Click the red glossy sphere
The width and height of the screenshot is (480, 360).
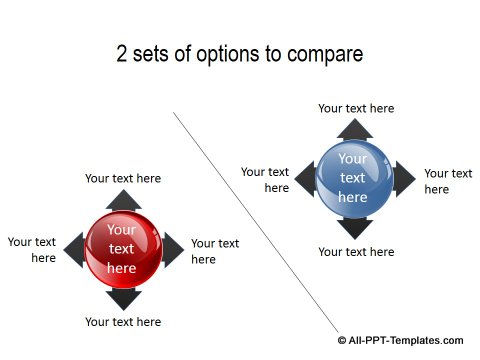click(x=122, y=248)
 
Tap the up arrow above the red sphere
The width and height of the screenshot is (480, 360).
click(x=122, y=200)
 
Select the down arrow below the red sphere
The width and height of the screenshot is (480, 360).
click(x=122, y=297)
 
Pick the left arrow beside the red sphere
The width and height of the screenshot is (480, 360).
click(x=73, y=249)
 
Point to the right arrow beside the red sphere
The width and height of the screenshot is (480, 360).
click(x=172, y=249)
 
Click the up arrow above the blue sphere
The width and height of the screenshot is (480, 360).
click(x=354, y=129)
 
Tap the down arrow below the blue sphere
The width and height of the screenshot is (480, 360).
click(x=354, y=227)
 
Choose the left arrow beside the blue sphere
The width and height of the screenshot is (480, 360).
click(x=305, y=179)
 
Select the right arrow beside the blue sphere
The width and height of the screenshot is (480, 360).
click(x=403, y=179)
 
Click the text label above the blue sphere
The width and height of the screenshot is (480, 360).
click(x=356, y=108)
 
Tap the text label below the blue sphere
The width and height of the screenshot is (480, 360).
click(x=356, y=252)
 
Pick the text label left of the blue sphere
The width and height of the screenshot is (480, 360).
click(x=266, y=180)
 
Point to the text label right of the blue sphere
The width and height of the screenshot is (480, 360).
click(x=447, y=181)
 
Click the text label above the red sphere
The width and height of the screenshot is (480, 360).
click(x=123, y=178)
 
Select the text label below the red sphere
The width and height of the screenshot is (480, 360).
click(x=123, y=322)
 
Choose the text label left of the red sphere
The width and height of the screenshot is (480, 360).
click(x=33, y=250)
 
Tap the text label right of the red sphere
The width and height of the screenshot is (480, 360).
click(x=214, y=251)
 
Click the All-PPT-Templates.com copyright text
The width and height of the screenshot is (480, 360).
click(x=406, y=341)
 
